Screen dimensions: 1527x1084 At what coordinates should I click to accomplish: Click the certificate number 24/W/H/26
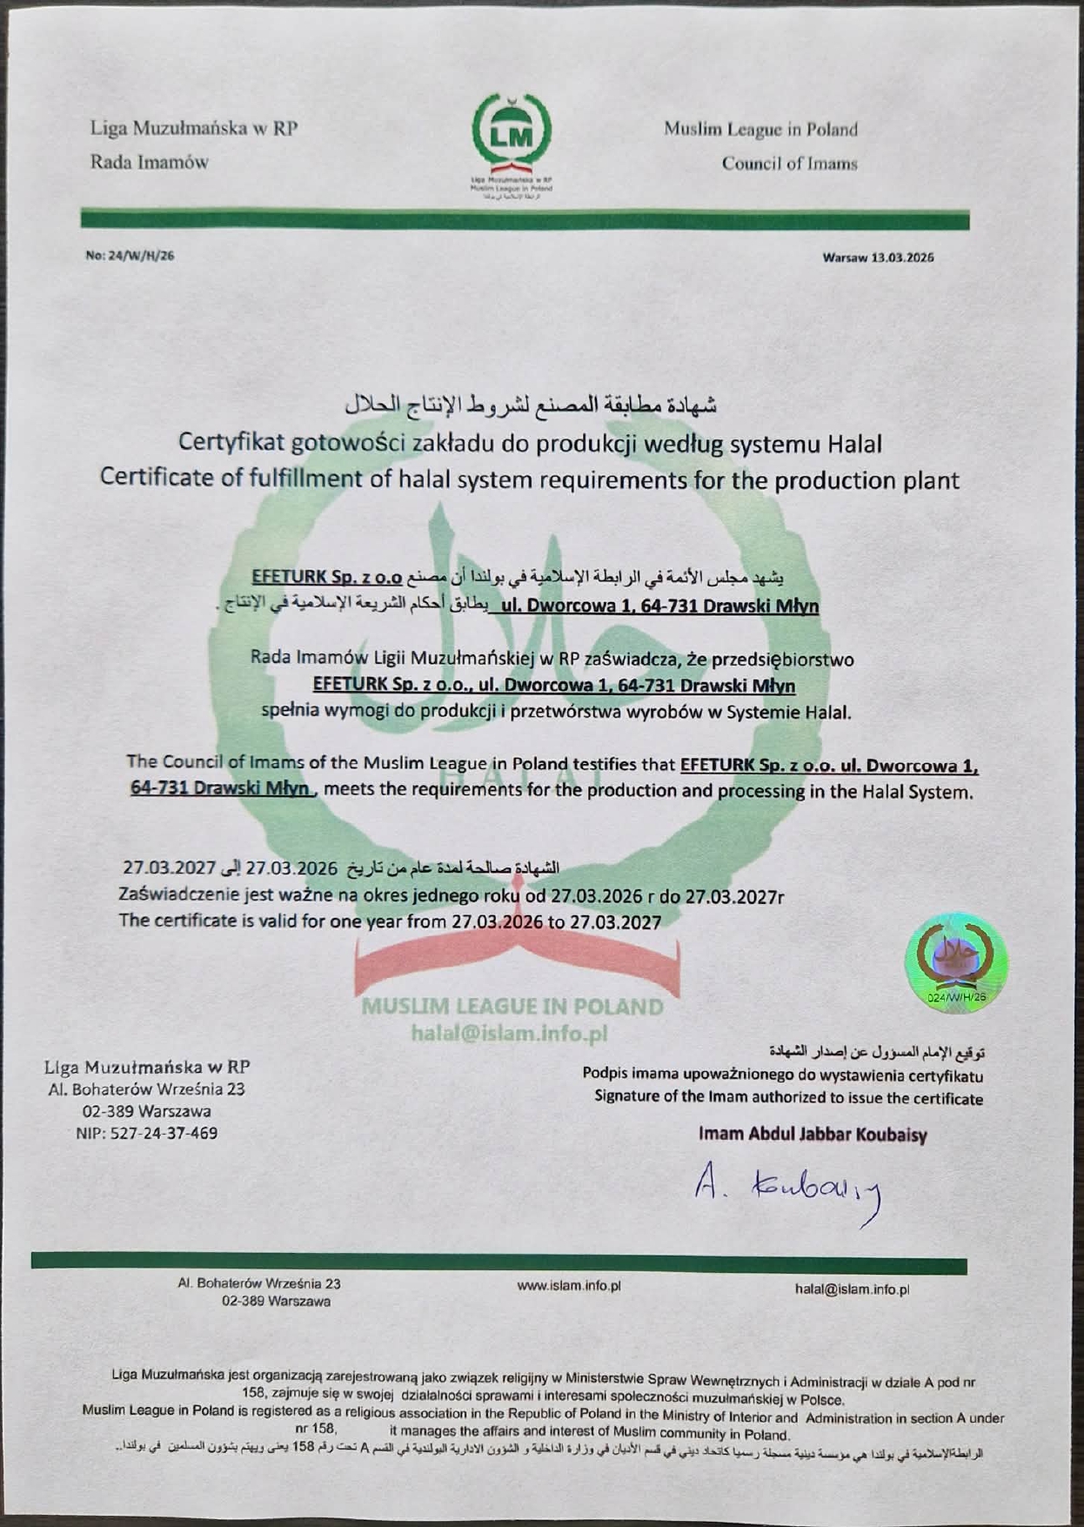tap(130, 256)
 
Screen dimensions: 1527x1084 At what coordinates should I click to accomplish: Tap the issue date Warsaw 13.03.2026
tap(877, 258)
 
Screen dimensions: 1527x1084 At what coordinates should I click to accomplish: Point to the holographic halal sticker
tap(957, 962)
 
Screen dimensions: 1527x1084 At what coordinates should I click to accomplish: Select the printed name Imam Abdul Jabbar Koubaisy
tap(813, 1135)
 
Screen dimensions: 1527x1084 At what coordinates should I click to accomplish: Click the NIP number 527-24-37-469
tap(146, 1134)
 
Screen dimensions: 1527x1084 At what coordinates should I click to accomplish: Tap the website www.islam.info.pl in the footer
tap(568, 1286)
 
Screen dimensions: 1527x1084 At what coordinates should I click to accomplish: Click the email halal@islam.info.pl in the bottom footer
tap(852, 1289)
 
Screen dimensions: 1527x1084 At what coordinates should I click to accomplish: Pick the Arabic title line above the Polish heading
tap(531, 405)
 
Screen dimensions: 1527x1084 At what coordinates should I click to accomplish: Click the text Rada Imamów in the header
tap(150, 162)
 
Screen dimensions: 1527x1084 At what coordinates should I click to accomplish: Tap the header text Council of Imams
tap(789, 164)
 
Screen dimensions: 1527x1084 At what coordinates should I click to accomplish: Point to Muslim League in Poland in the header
tap(760, 130)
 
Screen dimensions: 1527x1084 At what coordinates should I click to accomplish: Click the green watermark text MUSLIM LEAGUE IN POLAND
tap(512, 1007)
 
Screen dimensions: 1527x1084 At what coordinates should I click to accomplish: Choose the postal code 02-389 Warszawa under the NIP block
tap(146, 1111)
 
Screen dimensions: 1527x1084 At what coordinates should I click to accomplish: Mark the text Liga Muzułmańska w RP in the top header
tap(193, 129)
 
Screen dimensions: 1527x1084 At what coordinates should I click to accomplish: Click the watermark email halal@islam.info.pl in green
tap(509, 1034)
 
